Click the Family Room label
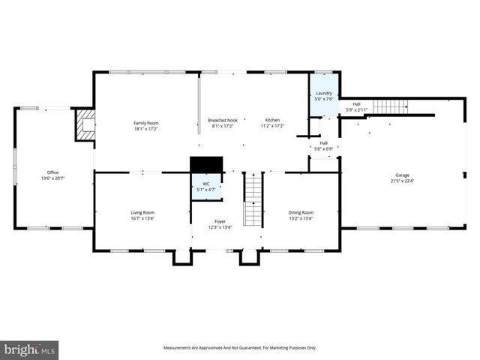(146, 123)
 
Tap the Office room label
(52, 172)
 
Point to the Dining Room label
(301, 212)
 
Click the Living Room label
(142, 212)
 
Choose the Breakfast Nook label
(223, 120)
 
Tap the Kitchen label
(271, 120)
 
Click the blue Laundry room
(324, 96)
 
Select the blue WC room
(205, 186)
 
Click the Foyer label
(220, 221)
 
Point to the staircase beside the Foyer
(254, 199)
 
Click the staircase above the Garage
(389, 106)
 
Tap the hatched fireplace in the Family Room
(85, 124)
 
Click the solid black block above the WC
(206, 164)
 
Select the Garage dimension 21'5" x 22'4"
(403, 181)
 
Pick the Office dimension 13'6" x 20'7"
(52, 178)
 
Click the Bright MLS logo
(29, 350)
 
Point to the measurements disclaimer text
(240, 347)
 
